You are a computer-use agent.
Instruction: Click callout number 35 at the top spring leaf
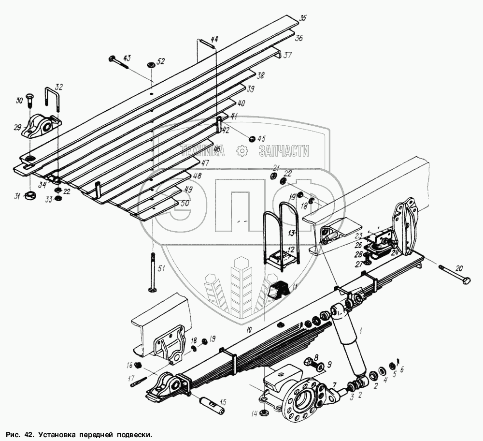[302, 18]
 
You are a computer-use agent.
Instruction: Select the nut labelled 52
[150, 64]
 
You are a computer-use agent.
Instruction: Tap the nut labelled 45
[252, 139]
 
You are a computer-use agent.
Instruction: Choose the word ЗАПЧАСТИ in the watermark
[284, 151]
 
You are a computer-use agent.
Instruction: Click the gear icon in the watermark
[241, 151]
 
